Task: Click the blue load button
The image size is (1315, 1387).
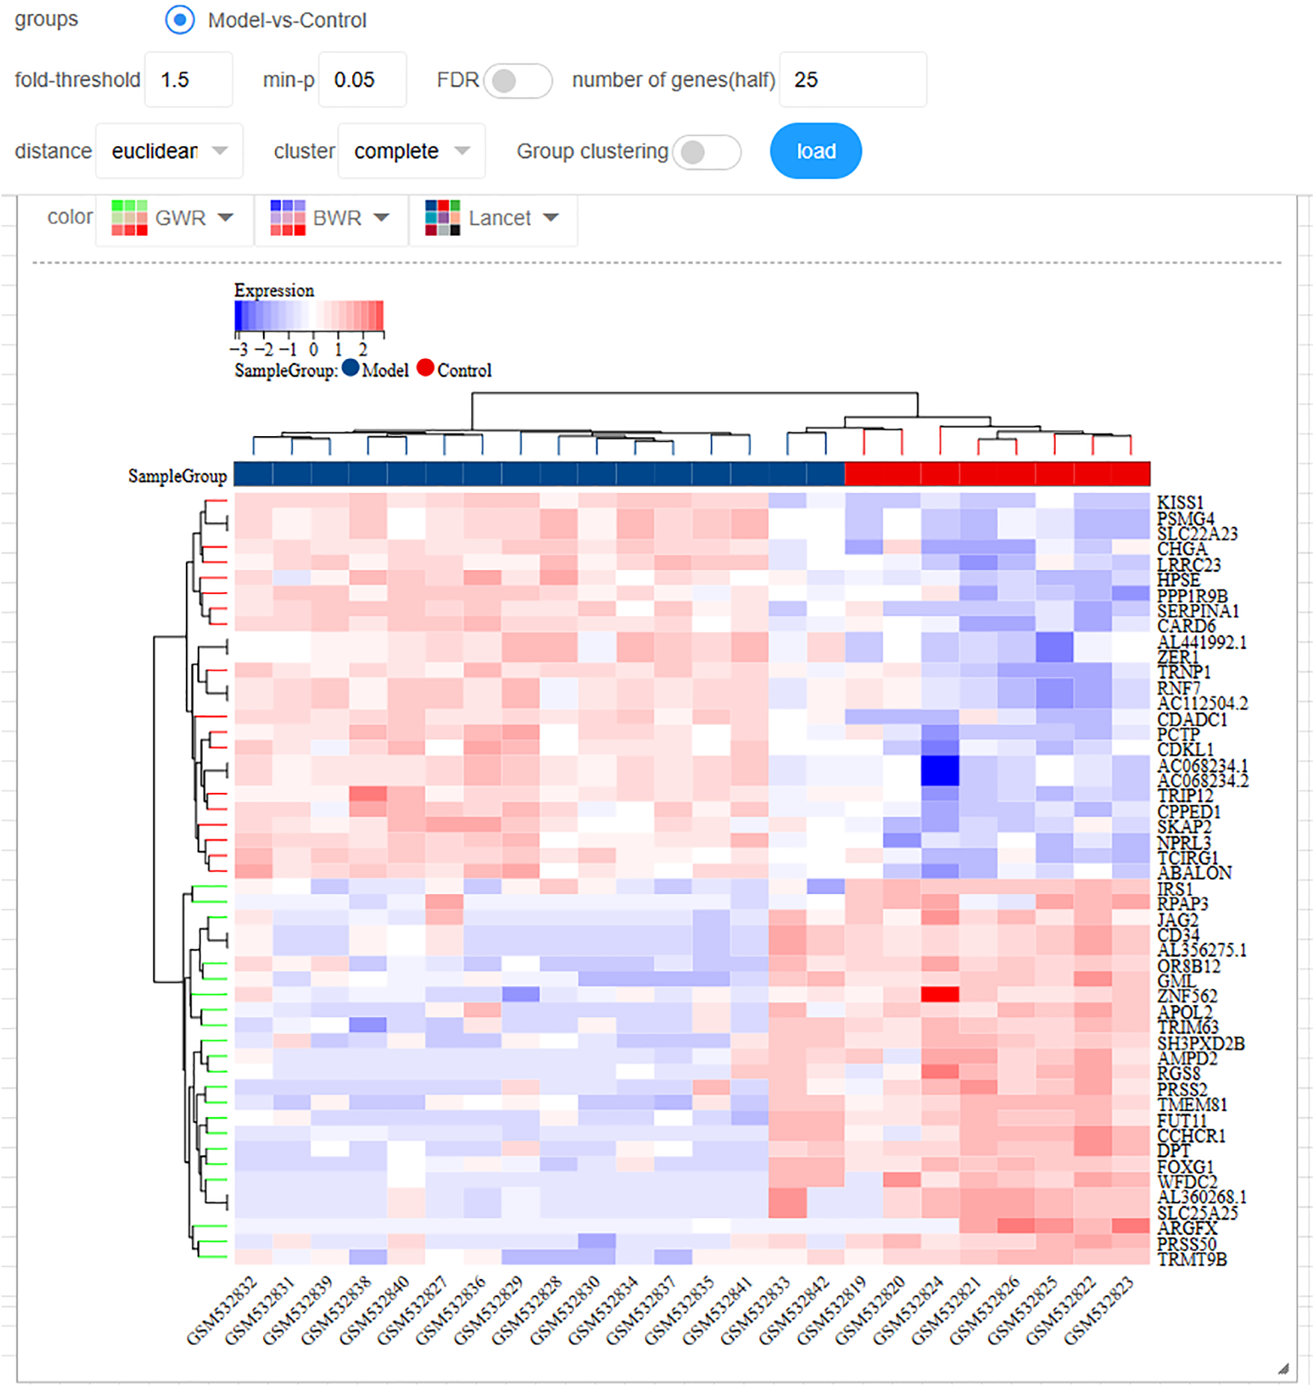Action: [815, 151]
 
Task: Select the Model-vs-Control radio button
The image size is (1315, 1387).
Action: [180, 19]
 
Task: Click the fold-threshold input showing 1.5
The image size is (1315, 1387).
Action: [187, 79]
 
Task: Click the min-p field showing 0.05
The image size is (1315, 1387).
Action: [362, 79]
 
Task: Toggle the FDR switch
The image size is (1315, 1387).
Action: [517, 80]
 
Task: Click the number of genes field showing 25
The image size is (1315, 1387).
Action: [852, 79]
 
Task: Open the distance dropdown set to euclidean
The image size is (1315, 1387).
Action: [169, 151]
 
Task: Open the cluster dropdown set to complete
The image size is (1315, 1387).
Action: [411, 151]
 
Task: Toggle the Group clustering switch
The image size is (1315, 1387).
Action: [706, 152]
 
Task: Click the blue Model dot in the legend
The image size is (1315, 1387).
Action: [350, 368]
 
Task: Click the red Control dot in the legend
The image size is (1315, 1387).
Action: [425, 368]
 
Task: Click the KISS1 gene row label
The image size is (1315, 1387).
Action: [1179, 502]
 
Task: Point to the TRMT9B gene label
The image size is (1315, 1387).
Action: [1191, 1260]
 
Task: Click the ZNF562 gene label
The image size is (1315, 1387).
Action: [1187, 996]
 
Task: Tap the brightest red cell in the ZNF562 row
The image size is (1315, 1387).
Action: [940, 994]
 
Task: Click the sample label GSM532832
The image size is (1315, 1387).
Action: [223, 1311]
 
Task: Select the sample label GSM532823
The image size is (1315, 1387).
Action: [1098, 1311]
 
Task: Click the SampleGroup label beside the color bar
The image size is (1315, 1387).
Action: [178, 477]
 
